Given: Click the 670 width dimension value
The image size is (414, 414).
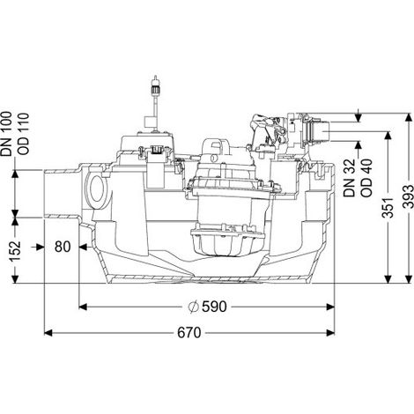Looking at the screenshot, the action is (189, 333).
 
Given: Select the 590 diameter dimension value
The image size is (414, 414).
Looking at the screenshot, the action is (214, 307).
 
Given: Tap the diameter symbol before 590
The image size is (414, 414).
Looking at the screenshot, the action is (194, 307).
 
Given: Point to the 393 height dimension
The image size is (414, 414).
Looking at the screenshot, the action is (408, 196).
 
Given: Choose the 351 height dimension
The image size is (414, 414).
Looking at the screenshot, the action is (388, 208).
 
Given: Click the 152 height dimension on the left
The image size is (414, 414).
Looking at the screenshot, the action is (15, 251).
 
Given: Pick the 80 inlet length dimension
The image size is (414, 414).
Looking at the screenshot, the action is (63, 247).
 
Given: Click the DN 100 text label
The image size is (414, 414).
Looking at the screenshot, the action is (6, 134).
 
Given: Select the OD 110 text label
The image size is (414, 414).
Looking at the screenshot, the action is (24, 134).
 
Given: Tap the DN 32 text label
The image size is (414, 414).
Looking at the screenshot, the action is (350, 178).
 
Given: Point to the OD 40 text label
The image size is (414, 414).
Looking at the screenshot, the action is (366, 178).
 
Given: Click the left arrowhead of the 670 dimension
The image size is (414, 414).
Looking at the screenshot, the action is (48, 333).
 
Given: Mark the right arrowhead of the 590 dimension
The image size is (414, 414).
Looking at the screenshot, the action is (330, 307).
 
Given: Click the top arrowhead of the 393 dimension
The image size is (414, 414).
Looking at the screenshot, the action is (408, 118).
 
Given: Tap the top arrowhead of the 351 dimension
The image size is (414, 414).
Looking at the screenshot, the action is (388, 136).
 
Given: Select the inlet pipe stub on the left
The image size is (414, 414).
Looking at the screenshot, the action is (62, 194).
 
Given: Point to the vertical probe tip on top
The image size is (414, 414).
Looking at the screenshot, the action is (156, 81).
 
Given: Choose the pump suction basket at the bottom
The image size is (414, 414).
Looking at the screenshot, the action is (226, 240).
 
